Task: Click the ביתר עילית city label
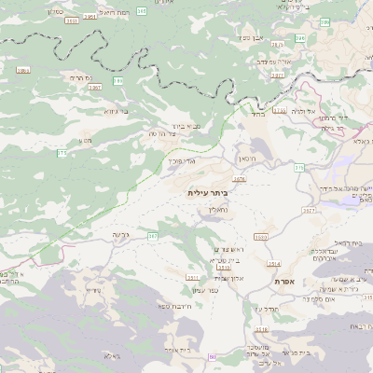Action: pos(207,192)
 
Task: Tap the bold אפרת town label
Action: pos(284,281)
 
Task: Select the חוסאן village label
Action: pos(247,160)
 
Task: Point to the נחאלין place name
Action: pos(214,211)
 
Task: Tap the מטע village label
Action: pos(86,141)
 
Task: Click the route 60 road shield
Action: pos(212,357)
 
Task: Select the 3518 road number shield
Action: pos(261,329)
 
